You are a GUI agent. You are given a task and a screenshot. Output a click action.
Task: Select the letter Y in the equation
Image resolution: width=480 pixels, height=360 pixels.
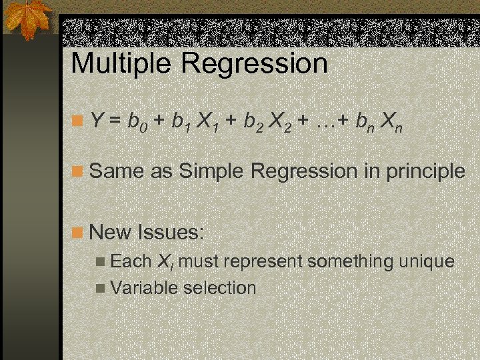click(x=97, y=121)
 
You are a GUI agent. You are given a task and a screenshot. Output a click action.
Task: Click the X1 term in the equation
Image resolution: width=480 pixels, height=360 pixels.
click(x=208, y=122)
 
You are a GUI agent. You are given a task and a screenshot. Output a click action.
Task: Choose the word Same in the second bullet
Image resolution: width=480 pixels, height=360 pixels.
click(x=117, y=171)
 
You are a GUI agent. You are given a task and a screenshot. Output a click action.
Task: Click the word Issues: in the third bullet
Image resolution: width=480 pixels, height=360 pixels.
click(x=171, y=233)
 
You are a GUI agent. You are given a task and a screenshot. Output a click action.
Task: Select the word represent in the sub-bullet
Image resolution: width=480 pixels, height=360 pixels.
click(x=265, y=262)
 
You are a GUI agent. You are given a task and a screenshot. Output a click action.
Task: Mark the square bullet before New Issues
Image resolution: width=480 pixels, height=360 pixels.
click(x=78, y=233)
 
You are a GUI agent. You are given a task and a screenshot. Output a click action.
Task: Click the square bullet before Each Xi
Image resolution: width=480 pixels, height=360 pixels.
click(x=99, y=261)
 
